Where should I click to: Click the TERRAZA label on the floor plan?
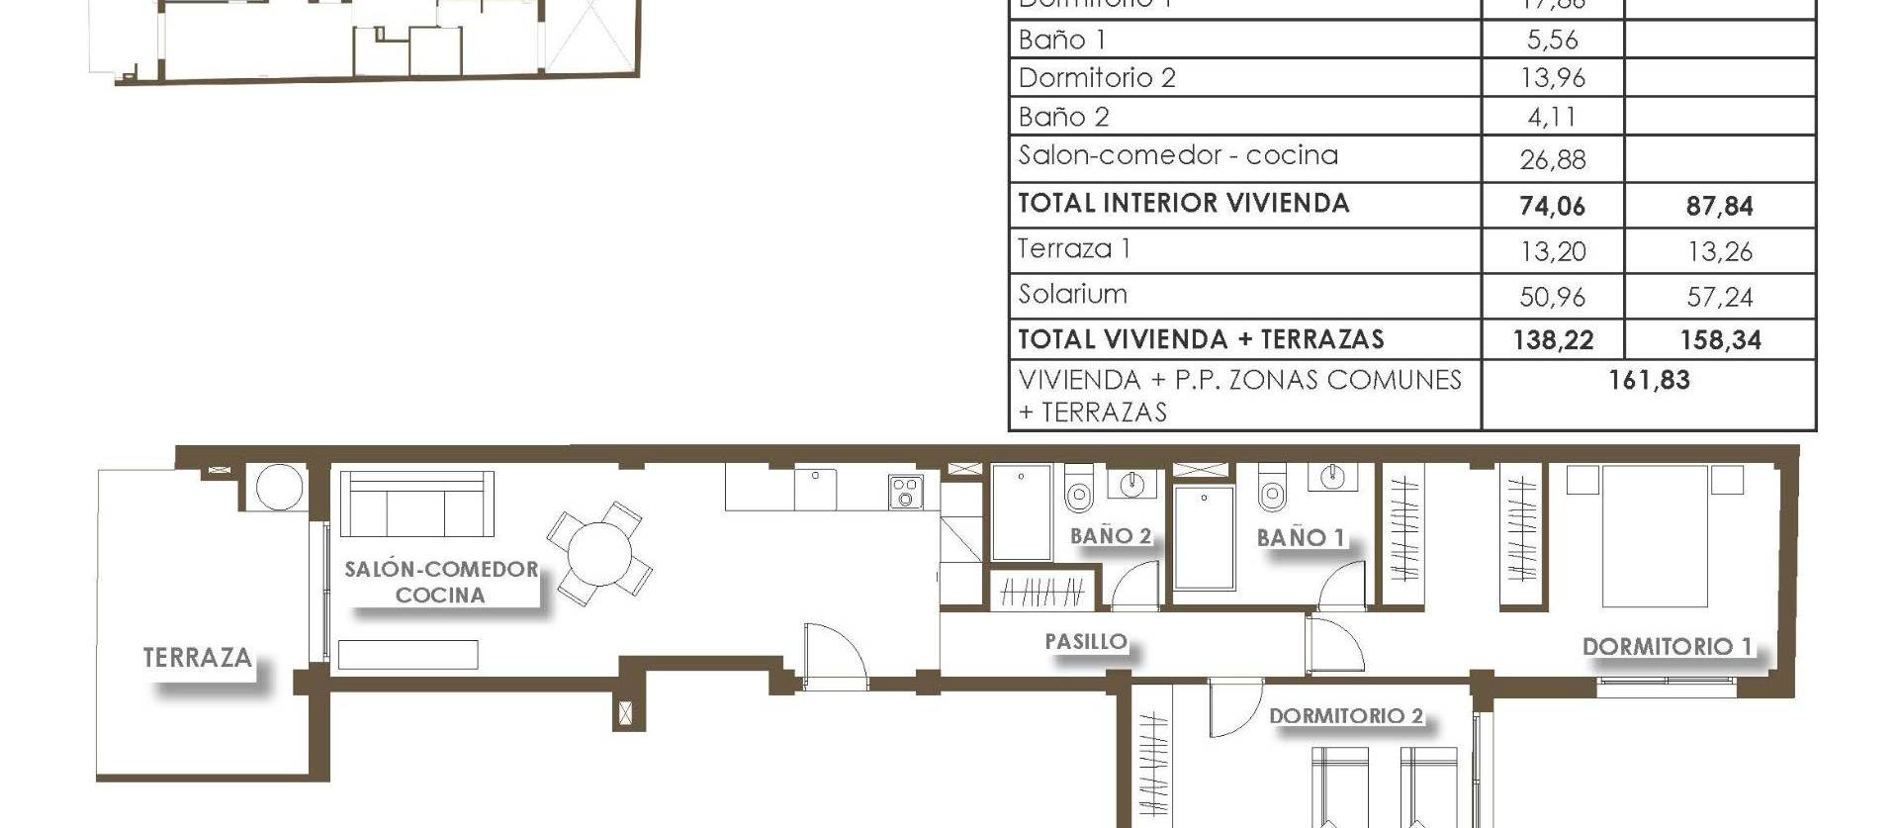coord(197,659)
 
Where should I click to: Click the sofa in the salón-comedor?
coord(416,504)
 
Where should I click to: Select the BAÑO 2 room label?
coord(1111,536)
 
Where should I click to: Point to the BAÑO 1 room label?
coord(1300,538)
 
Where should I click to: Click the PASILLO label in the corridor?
coord(1086,642)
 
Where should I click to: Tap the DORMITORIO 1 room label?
coord(1667,647)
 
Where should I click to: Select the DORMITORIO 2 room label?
coord(1345,716)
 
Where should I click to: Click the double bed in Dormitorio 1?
coord(1655,537)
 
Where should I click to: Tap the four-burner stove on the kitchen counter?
coord(905,492)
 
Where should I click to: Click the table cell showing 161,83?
coord(1649,381)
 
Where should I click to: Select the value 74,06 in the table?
coord(1552,206)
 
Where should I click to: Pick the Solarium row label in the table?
coord(1072,295)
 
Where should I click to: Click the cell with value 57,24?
coord(1720,297)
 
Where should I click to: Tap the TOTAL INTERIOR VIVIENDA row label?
coord(1183,204)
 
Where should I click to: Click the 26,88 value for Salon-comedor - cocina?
coord(1552,159)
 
